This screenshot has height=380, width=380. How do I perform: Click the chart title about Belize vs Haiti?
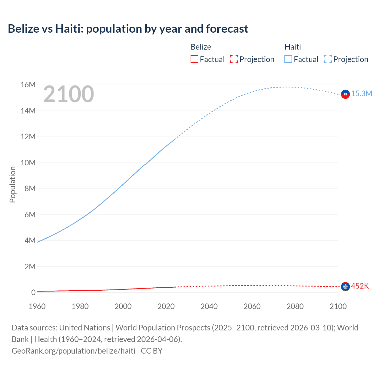pyautogui.click(x=128, y=29)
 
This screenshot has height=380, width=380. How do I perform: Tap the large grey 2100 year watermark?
pyautogui.click(x=69, y=94)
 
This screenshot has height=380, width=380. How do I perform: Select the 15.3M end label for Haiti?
pyautogui.click(x=362, y=94)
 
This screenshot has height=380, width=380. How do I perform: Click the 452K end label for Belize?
pyautogui.click(x=360, y=286)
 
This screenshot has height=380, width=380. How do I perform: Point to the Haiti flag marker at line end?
pyautogui.click(x=345, y=94)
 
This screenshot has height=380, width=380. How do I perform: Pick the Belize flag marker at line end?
pyautogui.click(x=345, y=286)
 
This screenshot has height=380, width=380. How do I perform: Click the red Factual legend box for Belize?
pyautogui.click(x=194, y=59)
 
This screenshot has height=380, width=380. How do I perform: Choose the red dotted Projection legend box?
pyautogui.click(x=234, y=59)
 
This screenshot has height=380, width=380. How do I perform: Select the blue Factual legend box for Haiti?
pyautogui.click(x=288, y=59)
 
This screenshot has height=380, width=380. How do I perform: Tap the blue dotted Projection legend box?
pyautogui.click(x=328, y=59)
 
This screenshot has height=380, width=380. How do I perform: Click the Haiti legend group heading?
pyautogui.click(x=293, y=47)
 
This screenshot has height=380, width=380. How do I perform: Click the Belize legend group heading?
pyautogui.click(x=201, y=47)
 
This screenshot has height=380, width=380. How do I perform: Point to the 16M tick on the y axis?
pyautogui.click(x=28, y=85)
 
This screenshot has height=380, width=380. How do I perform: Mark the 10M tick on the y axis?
pyautogui.click(x=28, y=163)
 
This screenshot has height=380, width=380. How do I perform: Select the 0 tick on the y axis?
pyautogui.click(x=33, y=292)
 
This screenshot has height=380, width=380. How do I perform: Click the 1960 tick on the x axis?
pyautogui.click(x=37, y=306)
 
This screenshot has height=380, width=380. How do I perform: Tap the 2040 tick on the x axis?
pyautogui.click(x=209, y=306)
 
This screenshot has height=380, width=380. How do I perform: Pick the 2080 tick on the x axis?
pyautogui.click(x=295, y=306)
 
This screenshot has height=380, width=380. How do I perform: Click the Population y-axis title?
pyautogui.click(x=12, y=184)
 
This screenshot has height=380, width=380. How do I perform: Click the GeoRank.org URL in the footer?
pyautogui.click(x=73, y=351)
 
